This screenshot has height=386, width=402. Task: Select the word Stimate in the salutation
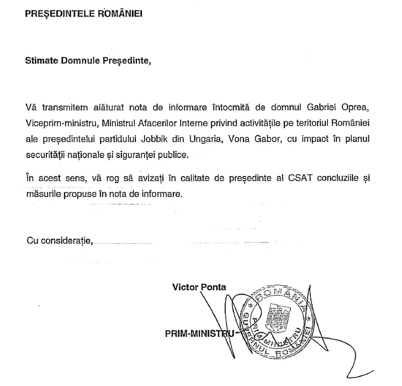coord(42,61)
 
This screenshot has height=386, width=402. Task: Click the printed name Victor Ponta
coord(199,287)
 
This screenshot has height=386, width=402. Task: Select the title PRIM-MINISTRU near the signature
coord(200,333)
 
